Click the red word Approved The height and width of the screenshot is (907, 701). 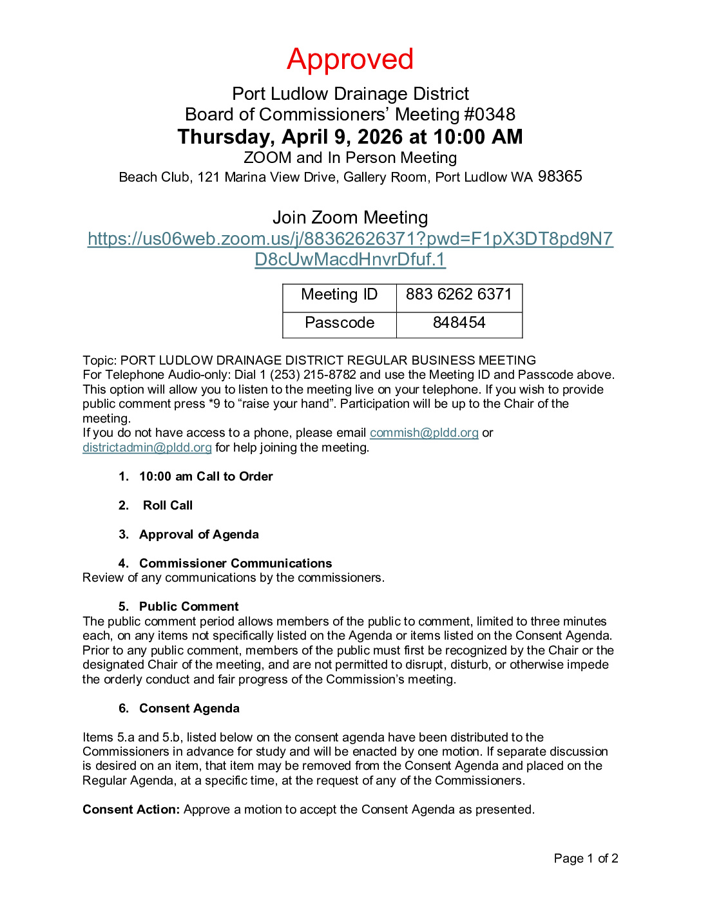point(350,59)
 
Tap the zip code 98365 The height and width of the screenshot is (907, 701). point(560,177)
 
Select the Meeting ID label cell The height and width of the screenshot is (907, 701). point(339,295)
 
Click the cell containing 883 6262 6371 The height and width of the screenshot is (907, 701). point(459,295)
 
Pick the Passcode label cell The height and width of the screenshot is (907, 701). point(339,323)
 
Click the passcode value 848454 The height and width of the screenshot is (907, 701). point(459,323)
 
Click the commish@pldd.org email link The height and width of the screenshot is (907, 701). point(424,433)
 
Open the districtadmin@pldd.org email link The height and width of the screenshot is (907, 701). point(147,448)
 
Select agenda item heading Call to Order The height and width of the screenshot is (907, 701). point(206,477)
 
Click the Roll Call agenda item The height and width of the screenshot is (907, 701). point(168,506)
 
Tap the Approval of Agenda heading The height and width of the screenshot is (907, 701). point(198,535)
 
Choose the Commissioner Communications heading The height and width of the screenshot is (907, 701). point(235,564)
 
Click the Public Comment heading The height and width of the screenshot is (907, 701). point(189,607)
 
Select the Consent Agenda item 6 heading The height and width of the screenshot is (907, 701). point(189,709)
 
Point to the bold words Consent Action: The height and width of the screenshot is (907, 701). point(131,810)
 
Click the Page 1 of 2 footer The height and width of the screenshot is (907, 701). point(586,859)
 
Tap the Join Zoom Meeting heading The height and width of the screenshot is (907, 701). point(350,218)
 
